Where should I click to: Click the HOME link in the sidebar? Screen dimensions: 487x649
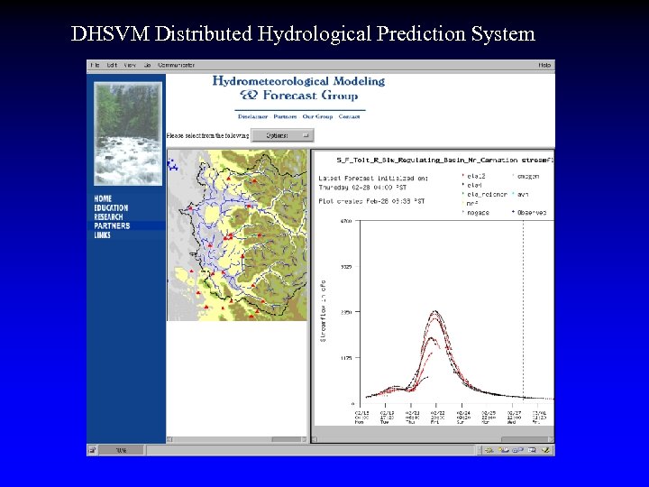click(103, 198)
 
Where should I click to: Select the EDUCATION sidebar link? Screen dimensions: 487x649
click(111, 207)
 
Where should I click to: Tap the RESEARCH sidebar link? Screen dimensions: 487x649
click(109, 216)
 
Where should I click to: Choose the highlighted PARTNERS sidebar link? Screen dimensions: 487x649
click(112, 225)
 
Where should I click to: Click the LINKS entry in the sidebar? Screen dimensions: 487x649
click(102, 234)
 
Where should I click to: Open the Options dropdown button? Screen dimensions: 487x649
click(281, 135)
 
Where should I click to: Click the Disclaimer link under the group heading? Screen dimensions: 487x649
click(252, 116)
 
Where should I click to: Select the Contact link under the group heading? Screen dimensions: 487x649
click(350, 116)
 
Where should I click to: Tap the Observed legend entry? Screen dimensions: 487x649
click(532, 212)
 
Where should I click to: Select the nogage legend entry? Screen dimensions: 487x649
click(478, 212)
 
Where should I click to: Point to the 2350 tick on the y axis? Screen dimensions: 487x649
click(345, 312)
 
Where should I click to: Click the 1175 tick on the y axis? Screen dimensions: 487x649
click(345, 357)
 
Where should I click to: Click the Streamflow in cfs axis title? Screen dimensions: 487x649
click(324, 311)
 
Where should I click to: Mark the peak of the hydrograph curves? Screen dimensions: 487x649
click(436, 313)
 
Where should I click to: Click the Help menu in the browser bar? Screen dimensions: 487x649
click(544, 65)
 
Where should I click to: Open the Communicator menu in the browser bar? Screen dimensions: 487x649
click(177, 65)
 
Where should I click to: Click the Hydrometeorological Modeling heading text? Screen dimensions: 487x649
click(298, 81)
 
